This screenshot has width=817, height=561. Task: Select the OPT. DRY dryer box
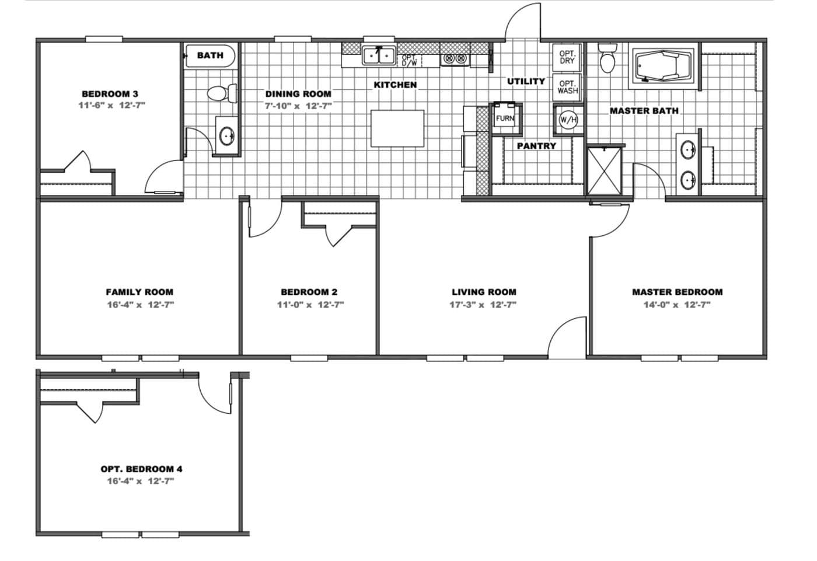567,57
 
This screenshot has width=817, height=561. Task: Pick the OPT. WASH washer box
567,87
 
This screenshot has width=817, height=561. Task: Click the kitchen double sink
379,56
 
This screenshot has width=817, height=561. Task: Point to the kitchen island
397,128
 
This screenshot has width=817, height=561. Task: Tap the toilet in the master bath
607,58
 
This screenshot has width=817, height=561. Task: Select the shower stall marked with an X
604,170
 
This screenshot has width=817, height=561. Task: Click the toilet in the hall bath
222,93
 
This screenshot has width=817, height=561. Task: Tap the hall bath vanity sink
227,137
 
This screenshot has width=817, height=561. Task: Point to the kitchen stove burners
455,58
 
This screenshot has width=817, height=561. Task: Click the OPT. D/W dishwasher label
410,60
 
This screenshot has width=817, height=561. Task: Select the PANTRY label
536,146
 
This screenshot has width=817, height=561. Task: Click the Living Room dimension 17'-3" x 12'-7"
483,305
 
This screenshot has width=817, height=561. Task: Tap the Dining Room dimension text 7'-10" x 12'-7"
298,106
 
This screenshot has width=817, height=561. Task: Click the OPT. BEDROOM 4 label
141,469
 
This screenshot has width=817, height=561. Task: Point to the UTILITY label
526,81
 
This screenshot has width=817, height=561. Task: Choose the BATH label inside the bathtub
211,55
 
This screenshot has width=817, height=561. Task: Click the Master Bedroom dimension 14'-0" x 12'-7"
678,305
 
